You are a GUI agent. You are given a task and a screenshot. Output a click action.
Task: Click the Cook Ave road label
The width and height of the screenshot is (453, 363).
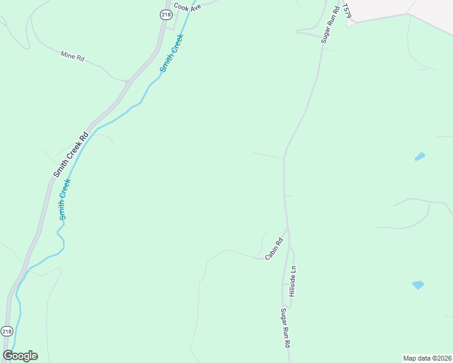point(187,7)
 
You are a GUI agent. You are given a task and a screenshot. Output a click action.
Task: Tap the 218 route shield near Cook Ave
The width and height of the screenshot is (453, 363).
point(167,15)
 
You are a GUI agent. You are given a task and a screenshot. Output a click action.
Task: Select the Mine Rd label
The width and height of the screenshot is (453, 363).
point(72,56)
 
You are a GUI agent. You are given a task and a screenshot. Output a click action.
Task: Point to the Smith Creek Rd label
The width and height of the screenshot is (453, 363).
point(71,154)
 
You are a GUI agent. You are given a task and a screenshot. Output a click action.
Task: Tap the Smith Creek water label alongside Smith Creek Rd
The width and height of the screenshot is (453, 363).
point(65,199)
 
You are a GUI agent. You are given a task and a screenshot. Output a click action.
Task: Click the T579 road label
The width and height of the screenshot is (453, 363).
point(347,15)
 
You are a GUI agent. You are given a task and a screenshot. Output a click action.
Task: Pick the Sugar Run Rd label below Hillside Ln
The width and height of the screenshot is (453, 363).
point(285,327)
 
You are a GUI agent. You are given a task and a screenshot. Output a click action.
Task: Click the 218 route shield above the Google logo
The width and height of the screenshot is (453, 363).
point(6,332)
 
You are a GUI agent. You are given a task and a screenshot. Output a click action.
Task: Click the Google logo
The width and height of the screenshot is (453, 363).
point(20,356)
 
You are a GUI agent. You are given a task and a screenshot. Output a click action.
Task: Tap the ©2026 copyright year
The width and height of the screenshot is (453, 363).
point(441,358)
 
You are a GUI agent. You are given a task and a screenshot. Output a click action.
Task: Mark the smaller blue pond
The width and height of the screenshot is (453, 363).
point(420,156)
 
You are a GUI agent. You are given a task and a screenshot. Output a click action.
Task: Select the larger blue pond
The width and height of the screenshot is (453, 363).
point(418,284)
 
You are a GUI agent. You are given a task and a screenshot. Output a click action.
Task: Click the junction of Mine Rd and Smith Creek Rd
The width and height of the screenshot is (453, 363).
point(128,80)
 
